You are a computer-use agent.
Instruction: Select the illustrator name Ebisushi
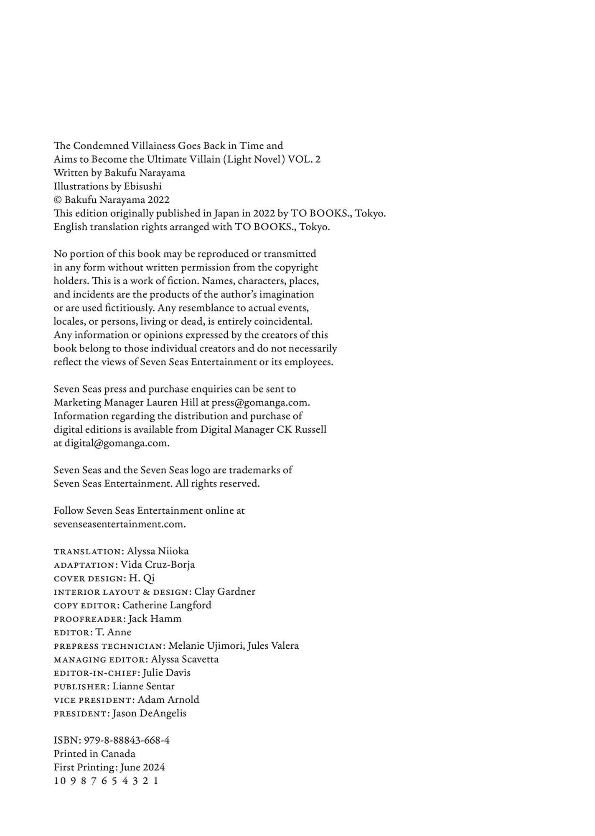coord(142,186)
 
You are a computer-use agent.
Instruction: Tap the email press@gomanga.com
coord(260,403)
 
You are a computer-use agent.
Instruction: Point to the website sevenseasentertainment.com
coord(120,524)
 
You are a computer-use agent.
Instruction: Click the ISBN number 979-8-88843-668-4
coord(127,740)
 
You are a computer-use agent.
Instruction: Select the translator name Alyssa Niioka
coord(158,551)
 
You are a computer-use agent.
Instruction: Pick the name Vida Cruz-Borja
coord(158,565)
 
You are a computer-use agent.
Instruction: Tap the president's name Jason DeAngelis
coord(149,714)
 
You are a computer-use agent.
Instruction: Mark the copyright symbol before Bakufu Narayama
coord(58,200)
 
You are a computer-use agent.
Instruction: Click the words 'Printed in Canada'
coord(94,754)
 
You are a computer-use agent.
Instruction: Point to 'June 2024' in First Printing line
coord(142,767)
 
